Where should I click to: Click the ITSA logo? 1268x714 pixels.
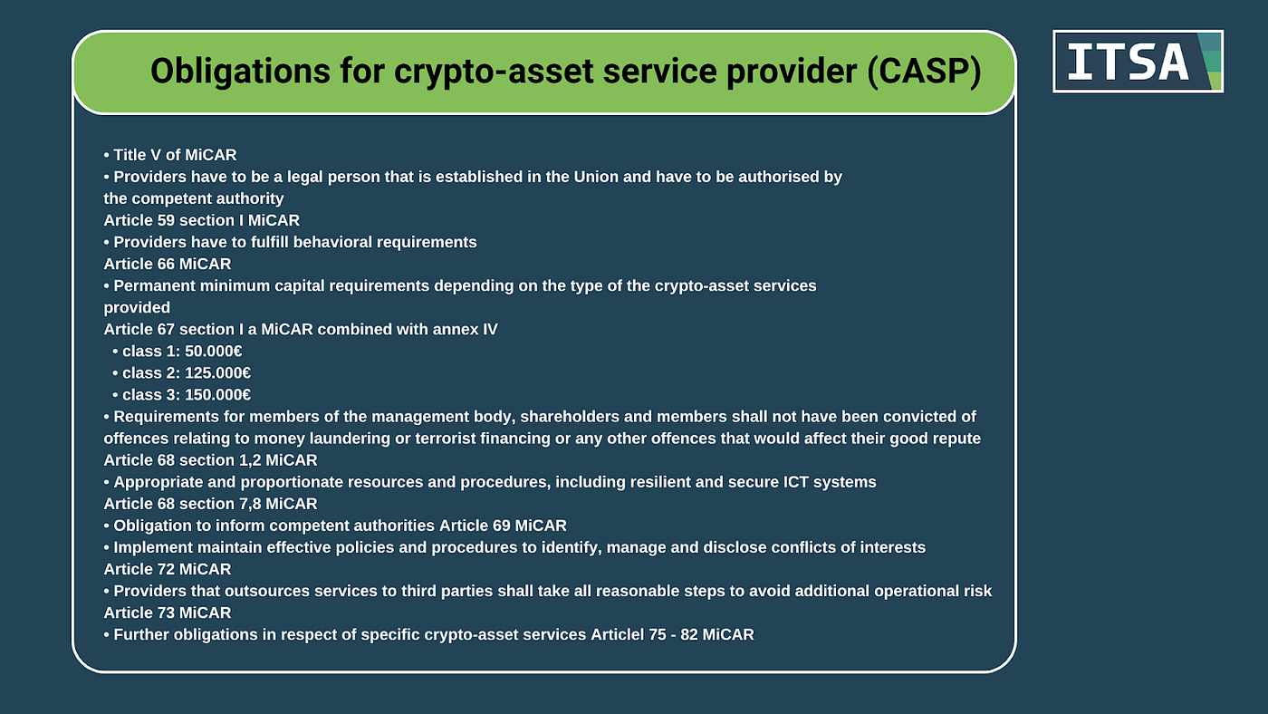(x=1138, y=62)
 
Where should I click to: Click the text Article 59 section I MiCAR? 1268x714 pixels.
(x=201, y=220)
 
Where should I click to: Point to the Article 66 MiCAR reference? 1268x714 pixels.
(x=168, y=264)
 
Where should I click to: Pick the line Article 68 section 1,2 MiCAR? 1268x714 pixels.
(x=210, y=460)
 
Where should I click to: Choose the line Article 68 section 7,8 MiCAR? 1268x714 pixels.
(x=210, y=504)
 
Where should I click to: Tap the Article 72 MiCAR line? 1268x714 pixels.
(x=168, y=569)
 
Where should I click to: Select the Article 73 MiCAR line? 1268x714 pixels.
(x=168, y=613)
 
